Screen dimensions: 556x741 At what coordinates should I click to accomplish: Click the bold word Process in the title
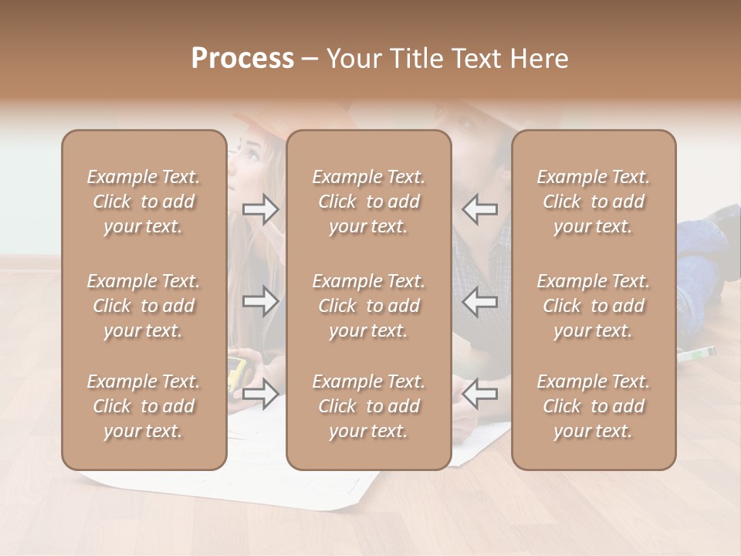(x=242, y=59)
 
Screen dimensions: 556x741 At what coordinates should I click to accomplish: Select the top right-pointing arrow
(x=261, y=209)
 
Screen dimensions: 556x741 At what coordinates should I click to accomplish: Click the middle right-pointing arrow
(x=261, y=301)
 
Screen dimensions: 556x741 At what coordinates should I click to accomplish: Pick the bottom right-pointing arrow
(x=261, y=393)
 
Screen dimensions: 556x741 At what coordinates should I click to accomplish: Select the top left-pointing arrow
(x=479, y=209)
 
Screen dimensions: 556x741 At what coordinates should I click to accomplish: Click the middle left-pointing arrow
(x=479, y=301)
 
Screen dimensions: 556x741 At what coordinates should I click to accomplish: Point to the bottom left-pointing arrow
(x=479, y=393)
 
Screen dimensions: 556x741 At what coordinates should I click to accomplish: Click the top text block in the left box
(x=144, y=202)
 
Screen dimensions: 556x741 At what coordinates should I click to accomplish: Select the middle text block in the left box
(x=144, y=306)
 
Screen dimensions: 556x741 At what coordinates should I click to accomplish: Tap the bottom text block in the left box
(x=144, y=406)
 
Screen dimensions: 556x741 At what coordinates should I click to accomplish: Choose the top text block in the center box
(x=368, y=202)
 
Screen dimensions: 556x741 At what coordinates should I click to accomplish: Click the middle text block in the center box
(x=368, y=306)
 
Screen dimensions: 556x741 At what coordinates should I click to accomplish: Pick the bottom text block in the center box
(x=368, y=406)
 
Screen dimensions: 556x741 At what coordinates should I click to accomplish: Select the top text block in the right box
(x=593, y=202)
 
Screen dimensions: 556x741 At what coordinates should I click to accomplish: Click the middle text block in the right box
(x=593, y=306)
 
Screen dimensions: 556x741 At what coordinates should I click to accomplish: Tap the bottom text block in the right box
(x=593, y=406)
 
